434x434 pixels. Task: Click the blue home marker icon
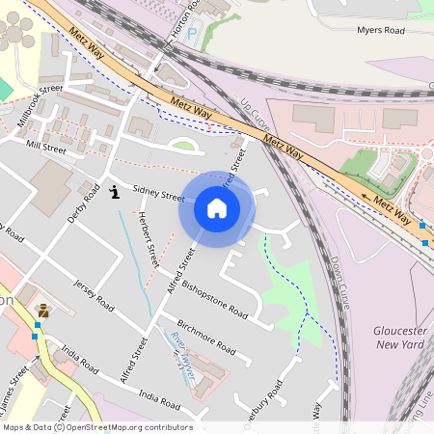217,208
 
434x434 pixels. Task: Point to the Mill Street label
45,148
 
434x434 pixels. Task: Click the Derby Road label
84,203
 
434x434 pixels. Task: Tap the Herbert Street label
149,240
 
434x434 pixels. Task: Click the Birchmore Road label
205,334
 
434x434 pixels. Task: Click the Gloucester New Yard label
399,337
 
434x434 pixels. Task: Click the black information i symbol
116,192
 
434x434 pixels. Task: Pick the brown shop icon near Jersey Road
42,311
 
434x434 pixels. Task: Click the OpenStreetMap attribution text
96,427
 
